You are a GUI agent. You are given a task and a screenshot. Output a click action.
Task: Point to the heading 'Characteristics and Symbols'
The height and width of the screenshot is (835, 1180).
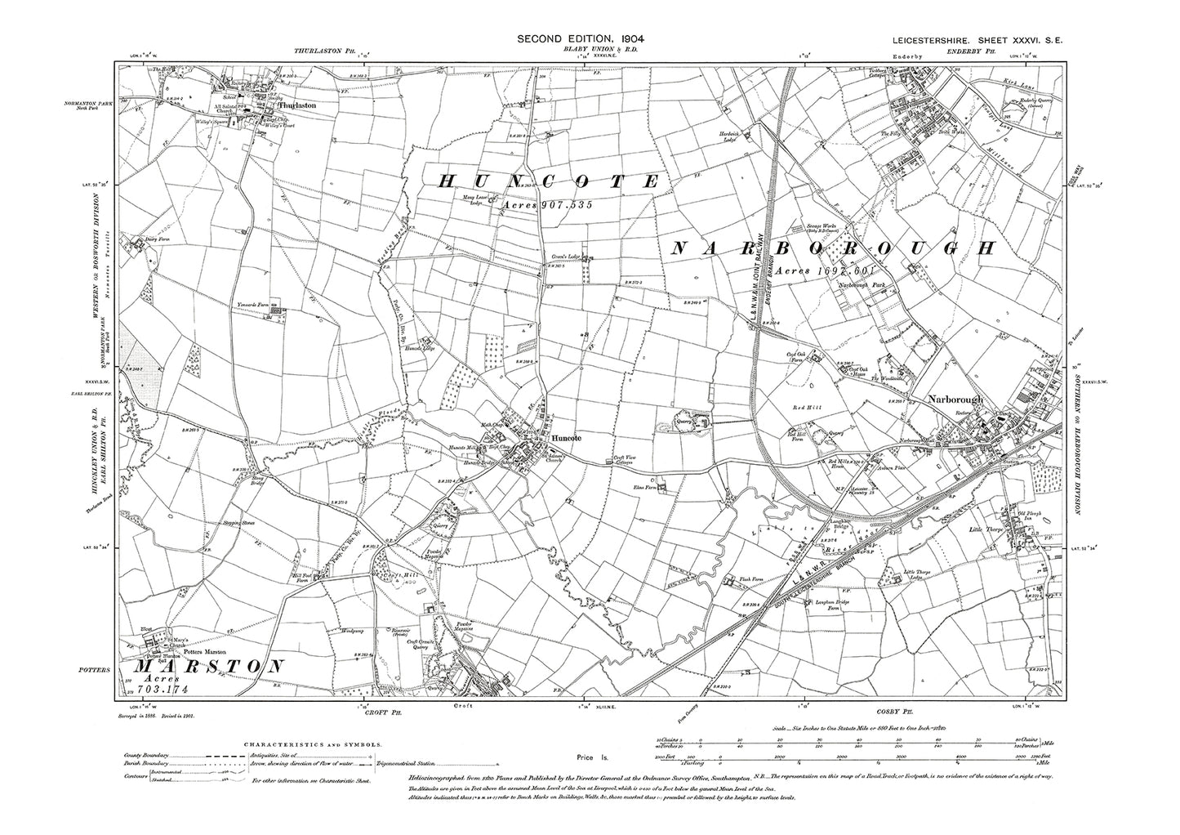pos(313,744)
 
